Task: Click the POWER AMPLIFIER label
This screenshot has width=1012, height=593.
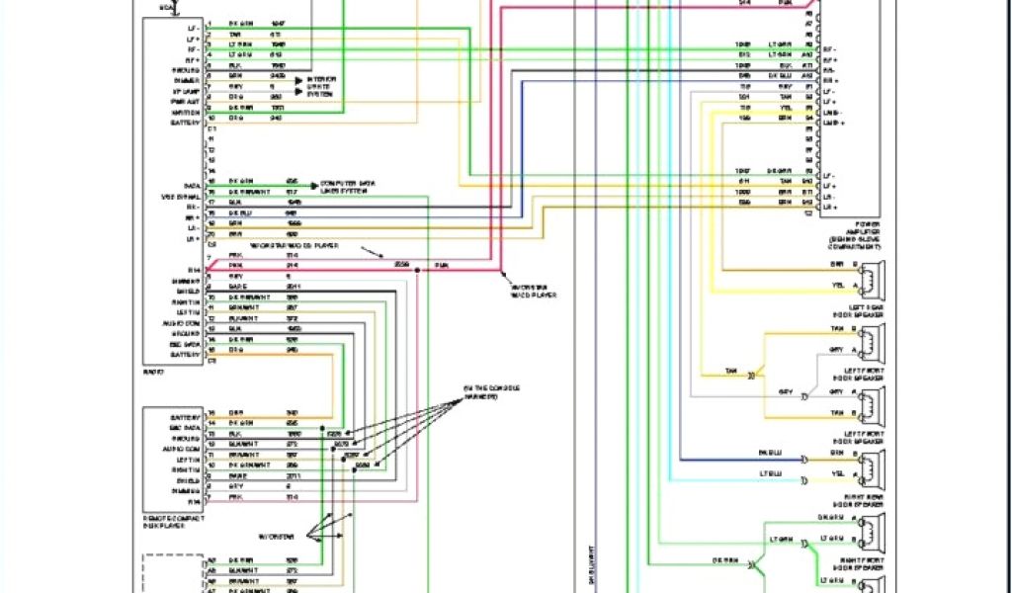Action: coord(855,232)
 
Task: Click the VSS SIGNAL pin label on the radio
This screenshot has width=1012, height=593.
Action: coord(182,198)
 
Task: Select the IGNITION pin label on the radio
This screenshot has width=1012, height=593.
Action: coord(185,112)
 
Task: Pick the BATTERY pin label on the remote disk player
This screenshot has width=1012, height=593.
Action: coord(185,416)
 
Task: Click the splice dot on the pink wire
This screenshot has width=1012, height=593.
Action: coord(416,267)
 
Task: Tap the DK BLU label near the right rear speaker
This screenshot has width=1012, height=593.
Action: coord(769,453)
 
